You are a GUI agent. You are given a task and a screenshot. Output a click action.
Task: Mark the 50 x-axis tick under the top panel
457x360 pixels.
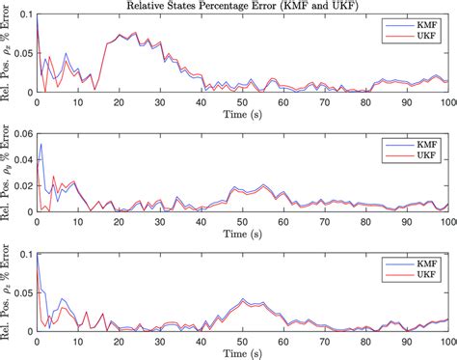[242, 100]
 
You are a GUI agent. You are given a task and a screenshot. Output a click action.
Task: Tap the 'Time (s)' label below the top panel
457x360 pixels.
[241, 113]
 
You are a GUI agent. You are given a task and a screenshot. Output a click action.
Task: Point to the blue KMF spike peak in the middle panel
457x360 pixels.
[40, 145]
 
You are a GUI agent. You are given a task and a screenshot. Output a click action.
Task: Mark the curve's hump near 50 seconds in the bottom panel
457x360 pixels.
[243, 300]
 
